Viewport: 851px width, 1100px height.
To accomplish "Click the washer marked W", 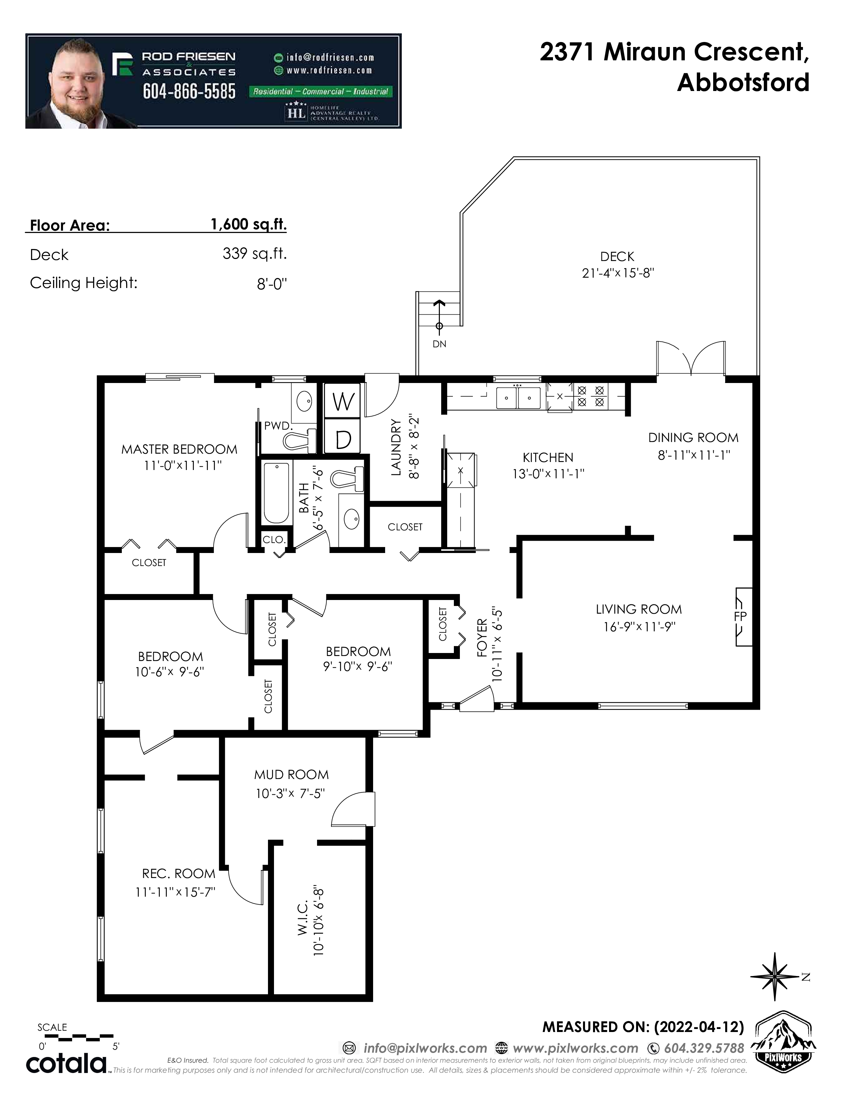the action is (x=343, y=401).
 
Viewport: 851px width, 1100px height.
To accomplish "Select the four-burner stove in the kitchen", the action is (x=590, y=396).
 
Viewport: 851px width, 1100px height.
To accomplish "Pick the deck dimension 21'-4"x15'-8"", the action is (x=618, y=273).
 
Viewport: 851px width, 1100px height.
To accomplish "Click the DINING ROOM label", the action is (x=693, y=438).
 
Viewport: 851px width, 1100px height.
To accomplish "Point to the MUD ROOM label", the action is (x=291, y=775).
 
